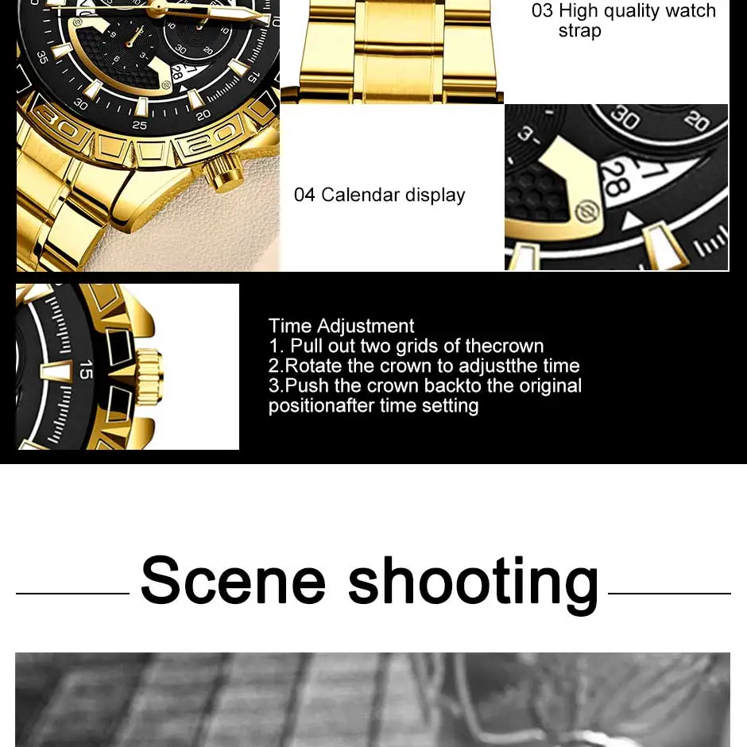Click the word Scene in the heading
pyautogui.click(x=233, y=580)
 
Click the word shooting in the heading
pyautogui.click(x=474, y=585)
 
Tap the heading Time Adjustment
pyautogui.click(x=342, y=326)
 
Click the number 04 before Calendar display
pyautogui.click(x=304, y=195)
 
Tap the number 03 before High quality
pyautogui.click(x=542, y=10)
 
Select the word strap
pyautogui.click(x=580, y=31)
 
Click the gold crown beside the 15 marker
pyautogui.click(x=149, y=374)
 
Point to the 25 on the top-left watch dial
pyautogui.click(x=140, y=126)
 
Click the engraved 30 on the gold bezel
pyautogui.click(x=58, y=122)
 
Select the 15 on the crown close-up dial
pyautogui.click(x=86, y=370)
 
